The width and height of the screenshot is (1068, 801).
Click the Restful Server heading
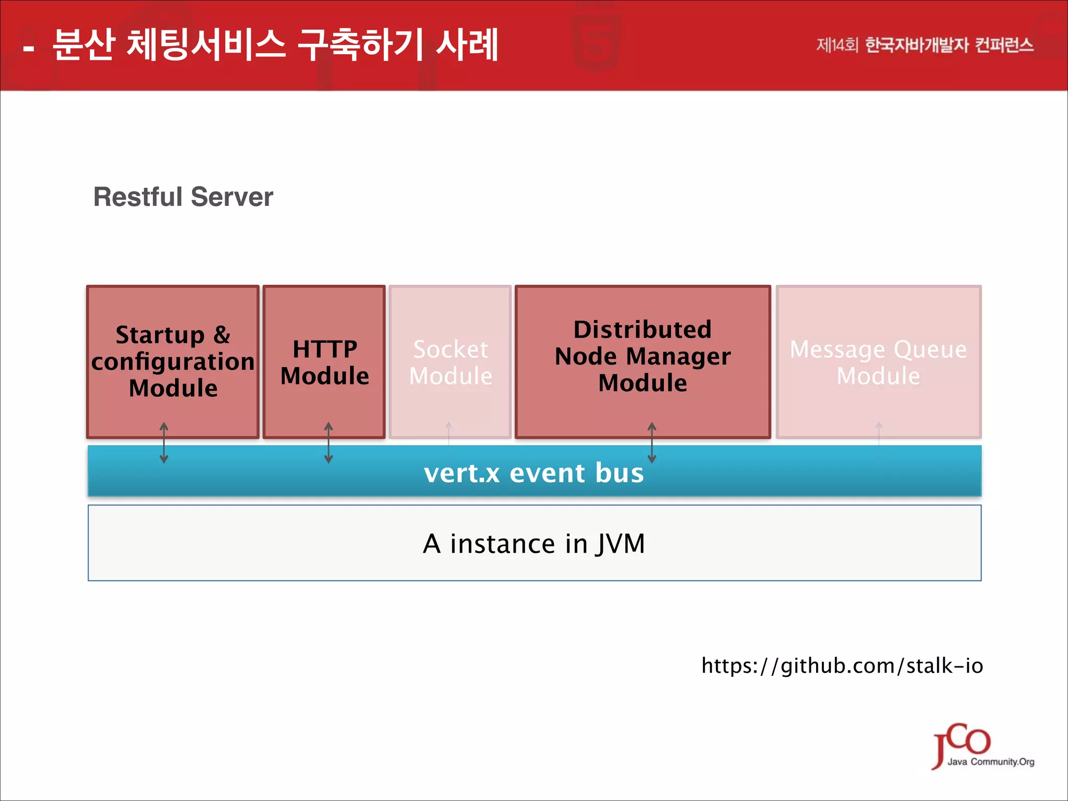[x=183, y=197]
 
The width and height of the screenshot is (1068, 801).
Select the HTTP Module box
[x=324, y=362]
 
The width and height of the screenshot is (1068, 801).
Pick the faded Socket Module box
[x=450, y=362]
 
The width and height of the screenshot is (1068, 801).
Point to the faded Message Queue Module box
[x=878, y=362]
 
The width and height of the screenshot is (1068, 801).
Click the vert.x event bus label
[x=533, y=473]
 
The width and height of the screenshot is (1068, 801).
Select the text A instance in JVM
[x=534, y=543]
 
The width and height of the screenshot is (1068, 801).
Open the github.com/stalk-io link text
[x=842, y=666]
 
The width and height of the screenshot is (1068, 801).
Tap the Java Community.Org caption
[x=991, y=762]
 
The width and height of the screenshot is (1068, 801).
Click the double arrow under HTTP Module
[x=329, y=443]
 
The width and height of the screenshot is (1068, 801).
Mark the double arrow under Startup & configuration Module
[x=164, y=443]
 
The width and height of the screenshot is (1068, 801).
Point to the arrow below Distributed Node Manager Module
[x=652, y=443]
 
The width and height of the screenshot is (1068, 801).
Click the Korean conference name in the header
[x=925, y=45]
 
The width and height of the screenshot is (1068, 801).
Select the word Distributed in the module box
[x=642, y=330]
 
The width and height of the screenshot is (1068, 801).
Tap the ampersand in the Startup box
[x=222, y=335]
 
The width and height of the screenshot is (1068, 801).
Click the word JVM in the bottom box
[x=621, y=544]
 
